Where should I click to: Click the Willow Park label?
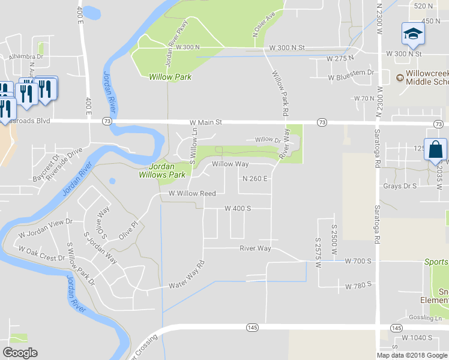pos(170,77)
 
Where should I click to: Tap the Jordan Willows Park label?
pos(167,171)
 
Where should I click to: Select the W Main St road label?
pos(206,122)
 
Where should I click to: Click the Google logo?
pos(20,353)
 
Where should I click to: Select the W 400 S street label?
pos(237,208)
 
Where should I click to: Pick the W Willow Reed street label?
pos(192,194)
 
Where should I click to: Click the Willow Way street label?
pos(230,164)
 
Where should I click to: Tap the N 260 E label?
pos(255,179)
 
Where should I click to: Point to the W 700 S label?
pos(359,261)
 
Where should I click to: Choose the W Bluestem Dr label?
pos(351,78)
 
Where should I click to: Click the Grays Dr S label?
pos(400,186)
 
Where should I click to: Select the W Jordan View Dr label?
pos(45,227)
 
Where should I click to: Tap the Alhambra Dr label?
pos(26,57)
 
